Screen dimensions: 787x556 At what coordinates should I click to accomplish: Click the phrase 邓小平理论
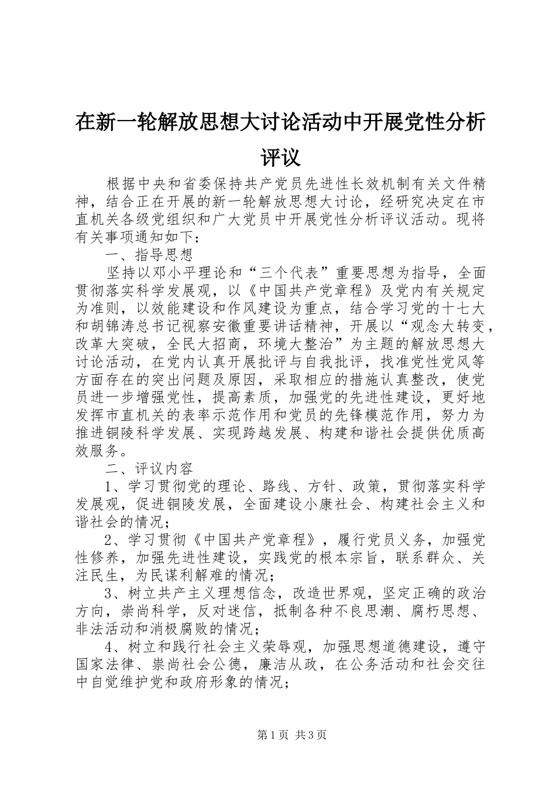click(193, 273)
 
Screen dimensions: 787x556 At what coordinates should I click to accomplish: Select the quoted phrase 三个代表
click(295, 273)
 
